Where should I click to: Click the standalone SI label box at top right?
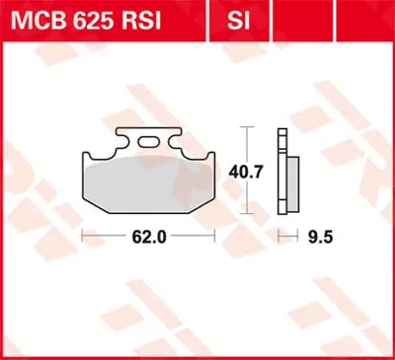click(237, 19)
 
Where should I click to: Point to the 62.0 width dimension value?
click(148, 236)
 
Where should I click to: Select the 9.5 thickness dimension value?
click(319, 236)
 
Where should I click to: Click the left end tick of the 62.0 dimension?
click(81, 236)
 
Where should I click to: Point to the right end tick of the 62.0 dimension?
click(215, 236)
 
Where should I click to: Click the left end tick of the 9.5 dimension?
click(280, 236)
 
